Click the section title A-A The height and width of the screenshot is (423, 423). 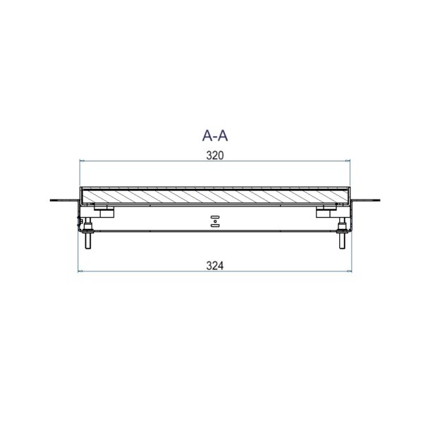tap(215, 135)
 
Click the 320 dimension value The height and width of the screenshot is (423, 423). tap(215, 156)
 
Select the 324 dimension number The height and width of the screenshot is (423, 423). tap(215, 266)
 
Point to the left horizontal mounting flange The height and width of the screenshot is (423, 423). tap(64, 200)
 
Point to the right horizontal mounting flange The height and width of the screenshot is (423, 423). tap(366, 200)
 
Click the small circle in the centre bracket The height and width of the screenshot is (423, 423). tap(215, 221)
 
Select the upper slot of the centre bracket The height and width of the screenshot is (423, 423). tap(215, 216)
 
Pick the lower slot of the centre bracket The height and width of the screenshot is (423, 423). tap(215, 226)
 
